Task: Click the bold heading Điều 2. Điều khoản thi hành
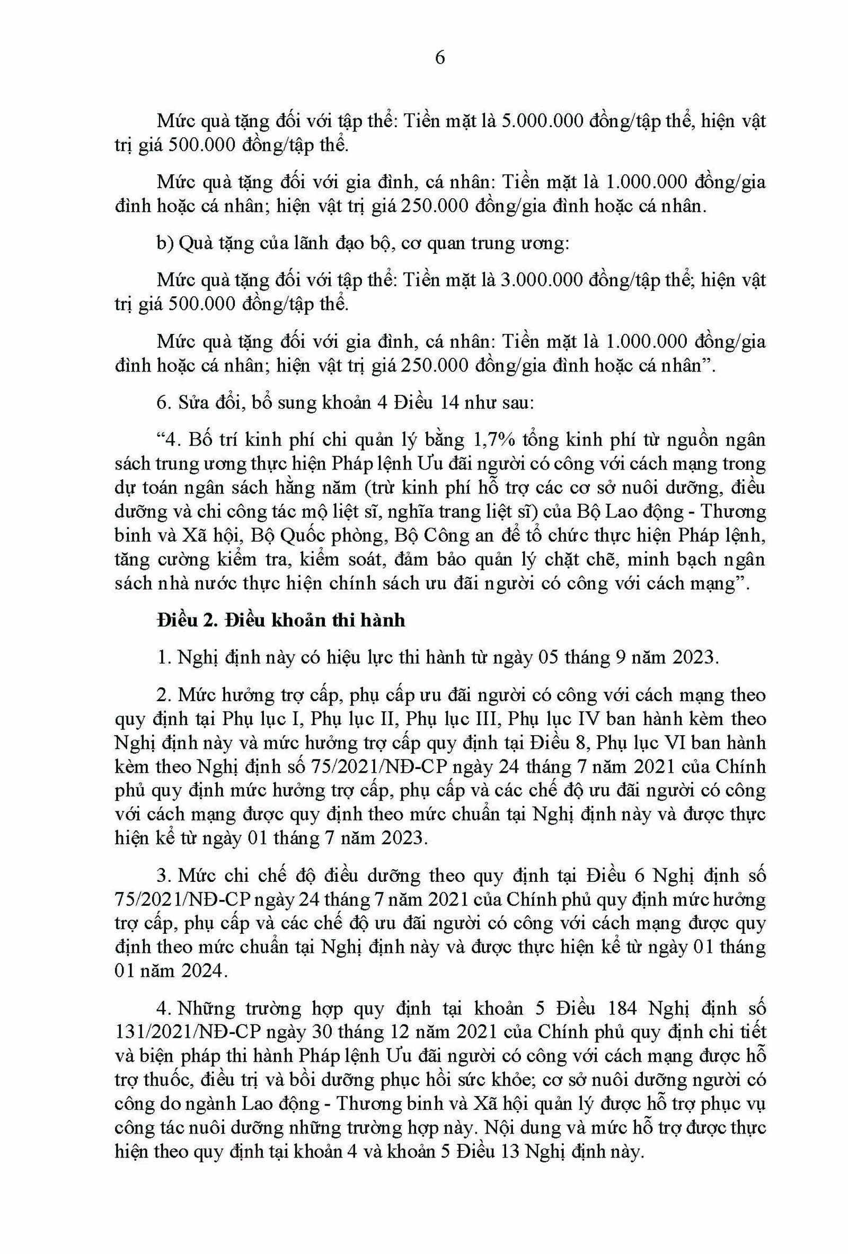(x=280, y=620)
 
